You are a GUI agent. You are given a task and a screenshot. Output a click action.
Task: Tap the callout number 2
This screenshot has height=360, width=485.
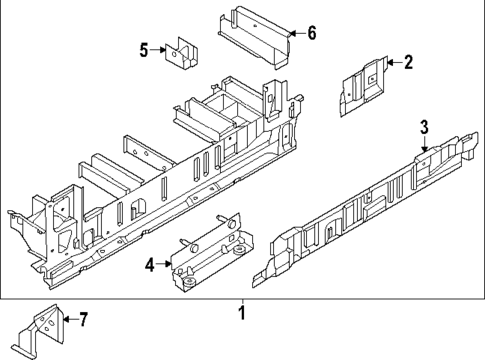coord(408,64)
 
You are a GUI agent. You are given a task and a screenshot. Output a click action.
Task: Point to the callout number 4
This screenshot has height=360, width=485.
coord(149,265)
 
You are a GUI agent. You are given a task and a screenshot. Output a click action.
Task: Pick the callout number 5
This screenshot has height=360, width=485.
coord(144,49)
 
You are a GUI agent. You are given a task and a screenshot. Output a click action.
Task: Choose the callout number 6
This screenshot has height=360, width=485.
coord(310,33)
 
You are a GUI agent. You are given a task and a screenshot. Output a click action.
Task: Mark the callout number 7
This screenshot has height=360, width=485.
coord(83,320)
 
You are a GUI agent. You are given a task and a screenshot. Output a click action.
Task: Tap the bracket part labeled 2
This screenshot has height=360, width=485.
coord(365,80)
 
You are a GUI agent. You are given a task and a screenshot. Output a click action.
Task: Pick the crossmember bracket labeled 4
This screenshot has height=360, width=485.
coord(215,255)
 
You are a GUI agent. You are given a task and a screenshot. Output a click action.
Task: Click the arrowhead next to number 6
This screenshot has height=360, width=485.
coord(291,34)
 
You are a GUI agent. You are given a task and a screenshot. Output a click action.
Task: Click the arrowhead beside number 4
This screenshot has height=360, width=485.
coord(168,265)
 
